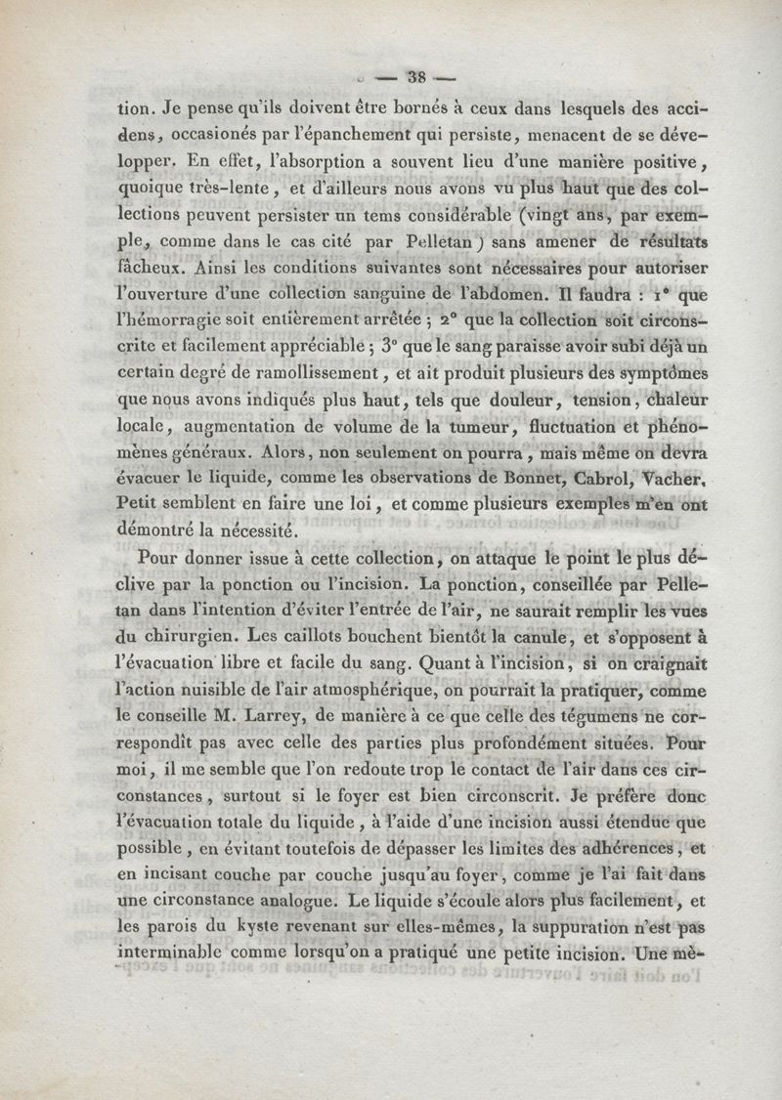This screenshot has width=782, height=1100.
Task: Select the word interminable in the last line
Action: coord(173,954)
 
